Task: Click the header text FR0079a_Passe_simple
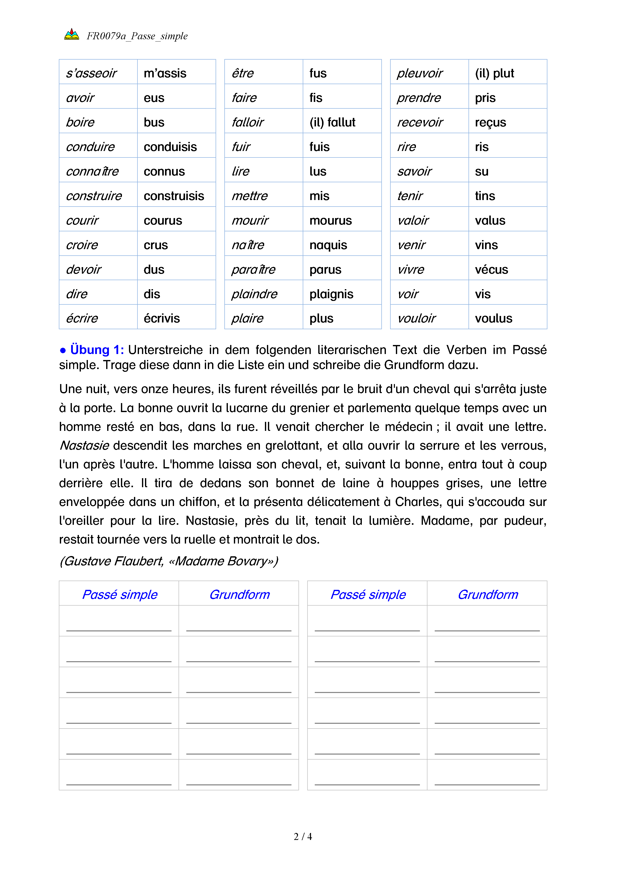(x=137, y=36)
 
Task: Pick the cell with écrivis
(x=162, y=318)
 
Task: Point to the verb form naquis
(x=328, y=245)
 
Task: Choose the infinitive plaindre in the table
(x=254, y=294)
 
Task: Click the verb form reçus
(x=490, y=122)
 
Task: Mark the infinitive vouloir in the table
(x=416, y=318)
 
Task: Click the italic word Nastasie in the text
(x=84, y=445)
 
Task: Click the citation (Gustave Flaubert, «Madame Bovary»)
(x=169, y=561)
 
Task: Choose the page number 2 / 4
(x=302, y=837)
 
